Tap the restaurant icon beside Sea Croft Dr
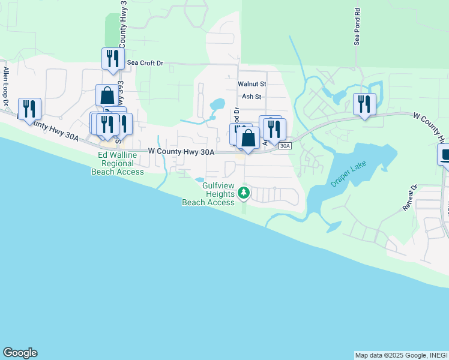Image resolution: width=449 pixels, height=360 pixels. [x=112, y=58]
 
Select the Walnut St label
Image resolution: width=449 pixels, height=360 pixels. [x=252, y=85]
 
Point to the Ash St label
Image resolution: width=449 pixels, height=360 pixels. [x=252, y=96]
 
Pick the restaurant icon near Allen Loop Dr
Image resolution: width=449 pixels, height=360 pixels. [x=29, y=109]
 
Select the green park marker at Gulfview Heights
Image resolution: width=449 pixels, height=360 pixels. [x=243, y=193]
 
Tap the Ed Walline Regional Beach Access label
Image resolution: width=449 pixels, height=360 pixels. [x=118, y=163]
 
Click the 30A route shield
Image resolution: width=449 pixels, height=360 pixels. [x=285, y=145]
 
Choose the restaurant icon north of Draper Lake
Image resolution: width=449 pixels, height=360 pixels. [x=364, y=104]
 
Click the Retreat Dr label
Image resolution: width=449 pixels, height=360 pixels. [x=411, y=197]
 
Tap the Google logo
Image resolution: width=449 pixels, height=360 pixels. [x=20, y=353]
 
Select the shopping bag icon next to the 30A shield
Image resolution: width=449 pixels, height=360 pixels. [x=248, y=139]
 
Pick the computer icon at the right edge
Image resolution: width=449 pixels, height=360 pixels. [x=445, y=155]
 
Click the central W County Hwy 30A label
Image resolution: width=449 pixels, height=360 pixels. [x=181, y=152]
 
